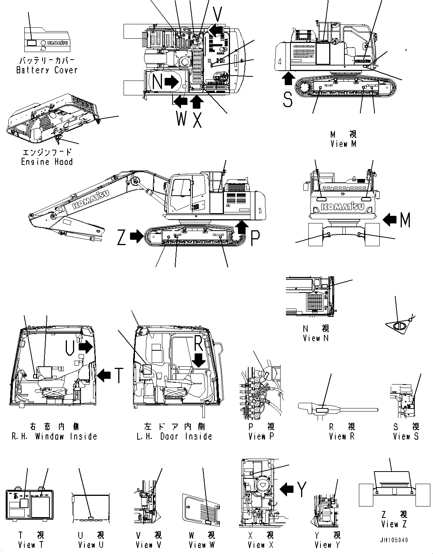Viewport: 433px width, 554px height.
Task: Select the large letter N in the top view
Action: pyautogui.click(x=157, y=82)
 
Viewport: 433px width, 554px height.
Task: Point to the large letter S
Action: pyautogui.click(x=288, y=100)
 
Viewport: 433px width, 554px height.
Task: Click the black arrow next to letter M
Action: pyautogui.click(x=390, y=219)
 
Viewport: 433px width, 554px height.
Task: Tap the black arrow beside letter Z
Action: pyautogui.click(x=135, y=237)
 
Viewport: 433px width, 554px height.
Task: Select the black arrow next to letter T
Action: pyautogui.click(x=104, y=375)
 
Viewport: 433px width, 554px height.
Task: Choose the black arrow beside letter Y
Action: pyautogui.click(x=287, y=489)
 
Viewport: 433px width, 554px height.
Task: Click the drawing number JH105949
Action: pyautogui.click(x=393, y=540)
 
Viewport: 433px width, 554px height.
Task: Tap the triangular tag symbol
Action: pyautogui.click(x=398, y=326)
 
